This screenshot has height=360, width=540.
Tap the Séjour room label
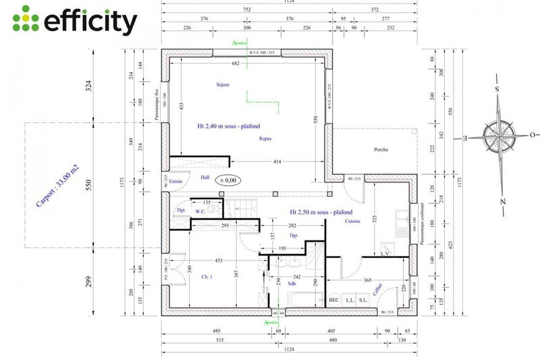tap(223, 84)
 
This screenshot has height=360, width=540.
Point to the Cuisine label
tap(353, 221)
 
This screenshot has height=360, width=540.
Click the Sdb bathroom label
tap(292, 284)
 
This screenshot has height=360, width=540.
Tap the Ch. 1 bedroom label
tap(207, 276)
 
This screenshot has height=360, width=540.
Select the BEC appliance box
tap(333, 300)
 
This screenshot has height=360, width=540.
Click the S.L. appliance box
tap(363, 300)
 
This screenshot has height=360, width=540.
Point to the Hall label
tap(205, 178)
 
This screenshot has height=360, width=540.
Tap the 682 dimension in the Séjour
tap(236, 63)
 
